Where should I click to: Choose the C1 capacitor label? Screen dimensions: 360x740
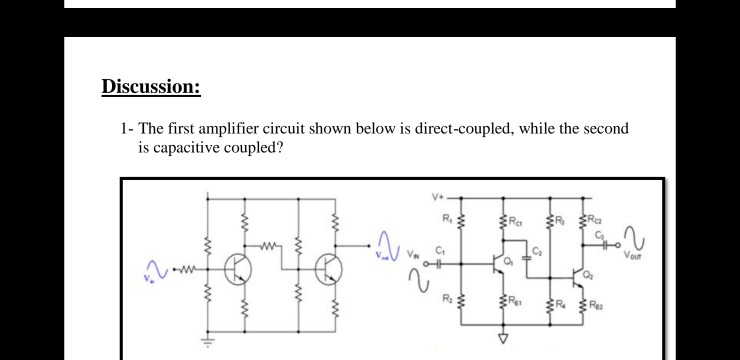[x=440, y=251]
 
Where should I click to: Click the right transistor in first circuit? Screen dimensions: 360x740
[x=326, y=267]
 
